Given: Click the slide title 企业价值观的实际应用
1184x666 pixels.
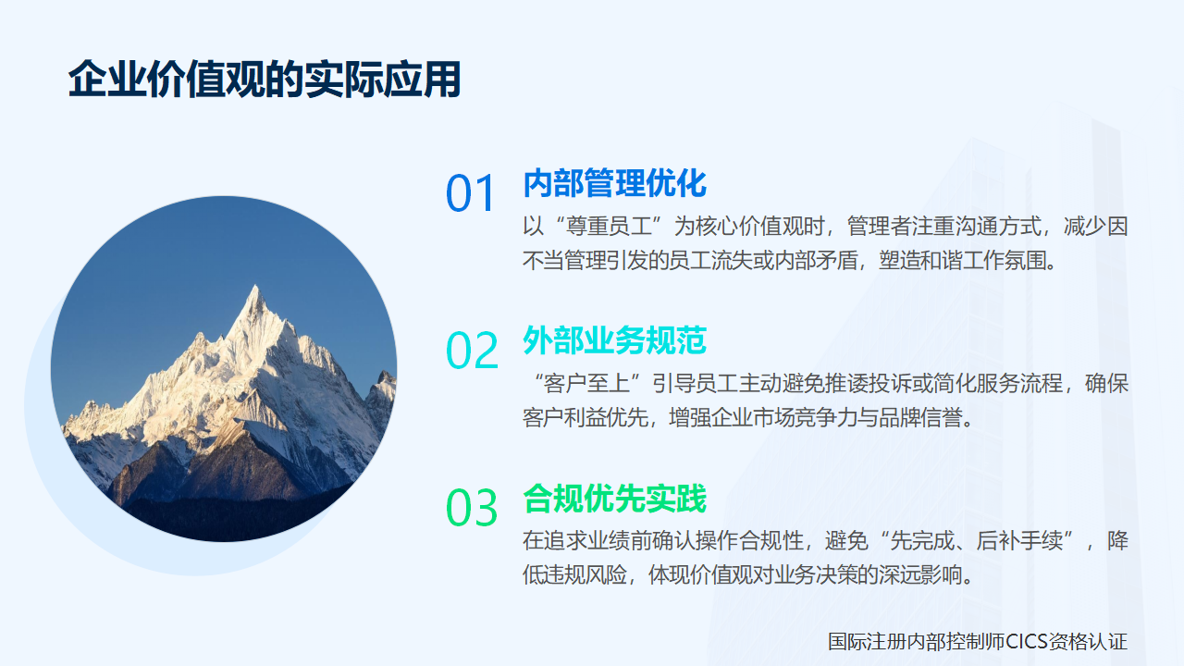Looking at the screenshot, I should click(x=265, y=81).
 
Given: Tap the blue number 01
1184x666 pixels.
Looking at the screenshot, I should click(x=472, y=194).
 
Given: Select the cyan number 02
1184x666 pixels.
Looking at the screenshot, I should click(x=472, y=351).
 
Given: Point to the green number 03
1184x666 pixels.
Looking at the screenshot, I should click(x=472, y=509).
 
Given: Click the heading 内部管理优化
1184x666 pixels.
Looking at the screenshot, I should click(x=614, y=183).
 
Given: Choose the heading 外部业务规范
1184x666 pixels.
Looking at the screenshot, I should click(x=614, y=340).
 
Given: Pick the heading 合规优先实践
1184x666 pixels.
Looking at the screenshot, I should click(x=614, y=499).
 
